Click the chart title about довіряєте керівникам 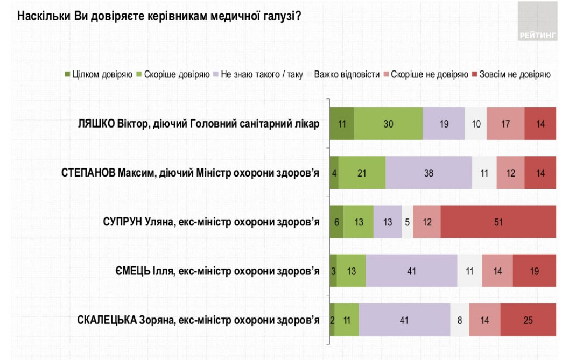[x=159, y=16]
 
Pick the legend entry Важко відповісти [x=347, y=75]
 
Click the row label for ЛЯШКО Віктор [x=199, y=124]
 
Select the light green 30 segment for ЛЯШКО [x=388, y=124]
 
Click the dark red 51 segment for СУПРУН [x=498, y=222]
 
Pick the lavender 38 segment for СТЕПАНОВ [x=428, y=173]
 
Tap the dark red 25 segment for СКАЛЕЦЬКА [x=528, y=320]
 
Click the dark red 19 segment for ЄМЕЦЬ [x=534, y=271]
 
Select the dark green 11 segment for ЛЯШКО [x=341, y=124]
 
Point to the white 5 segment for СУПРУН [x=408, y=222]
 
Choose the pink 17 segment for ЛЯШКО [x=505, y=124]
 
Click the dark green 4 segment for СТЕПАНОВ [x=334, y=173]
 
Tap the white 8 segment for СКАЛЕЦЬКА [x=459, y=320]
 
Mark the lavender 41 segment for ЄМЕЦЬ [x=411, y=271]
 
